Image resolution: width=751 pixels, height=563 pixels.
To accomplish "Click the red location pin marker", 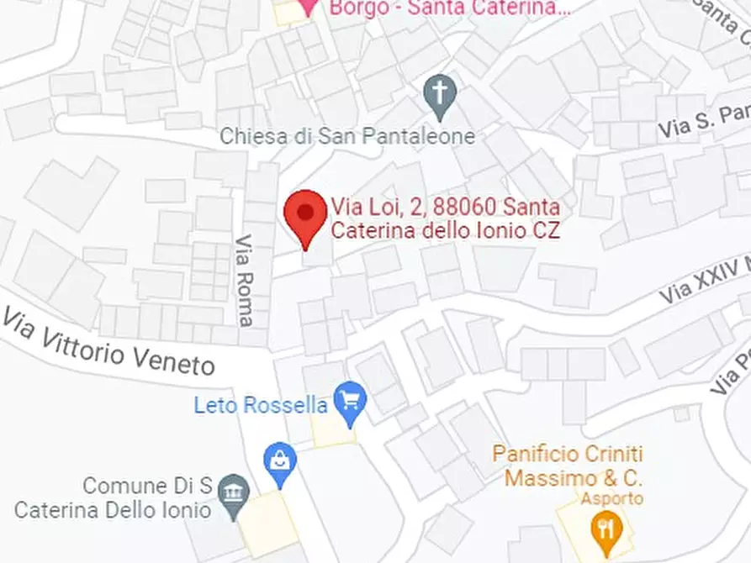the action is (x=304, y=216).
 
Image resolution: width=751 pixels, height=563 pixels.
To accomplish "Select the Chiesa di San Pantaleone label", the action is (x=347, y=136).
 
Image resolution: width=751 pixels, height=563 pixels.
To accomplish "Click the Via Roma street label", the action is (x=244, y=280).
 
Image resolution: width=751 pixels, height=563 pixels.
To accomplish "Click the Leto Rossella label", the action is (x=261, y=405).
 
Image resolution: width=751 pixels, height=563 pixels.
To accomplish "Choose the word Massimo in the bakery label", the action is (x=541, y=479).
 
